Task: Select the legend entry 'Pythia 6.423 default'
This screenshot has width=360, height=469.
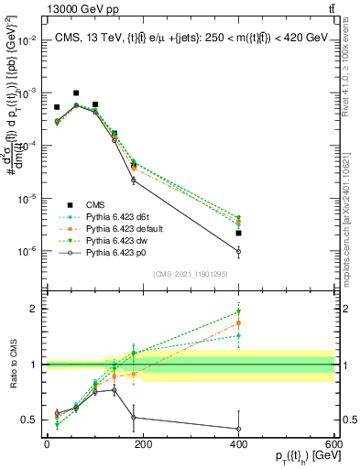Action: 119,228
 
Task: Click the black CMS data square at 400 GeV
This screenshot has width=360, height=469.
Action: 238,234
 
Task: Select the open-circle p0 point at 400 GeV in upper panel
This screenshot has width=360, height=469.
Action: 238,251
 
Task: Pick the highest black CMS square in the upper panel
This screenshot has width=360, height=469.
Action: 76,93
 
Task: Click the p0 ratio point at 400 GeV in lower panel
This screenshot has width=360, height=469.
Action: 238,429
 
